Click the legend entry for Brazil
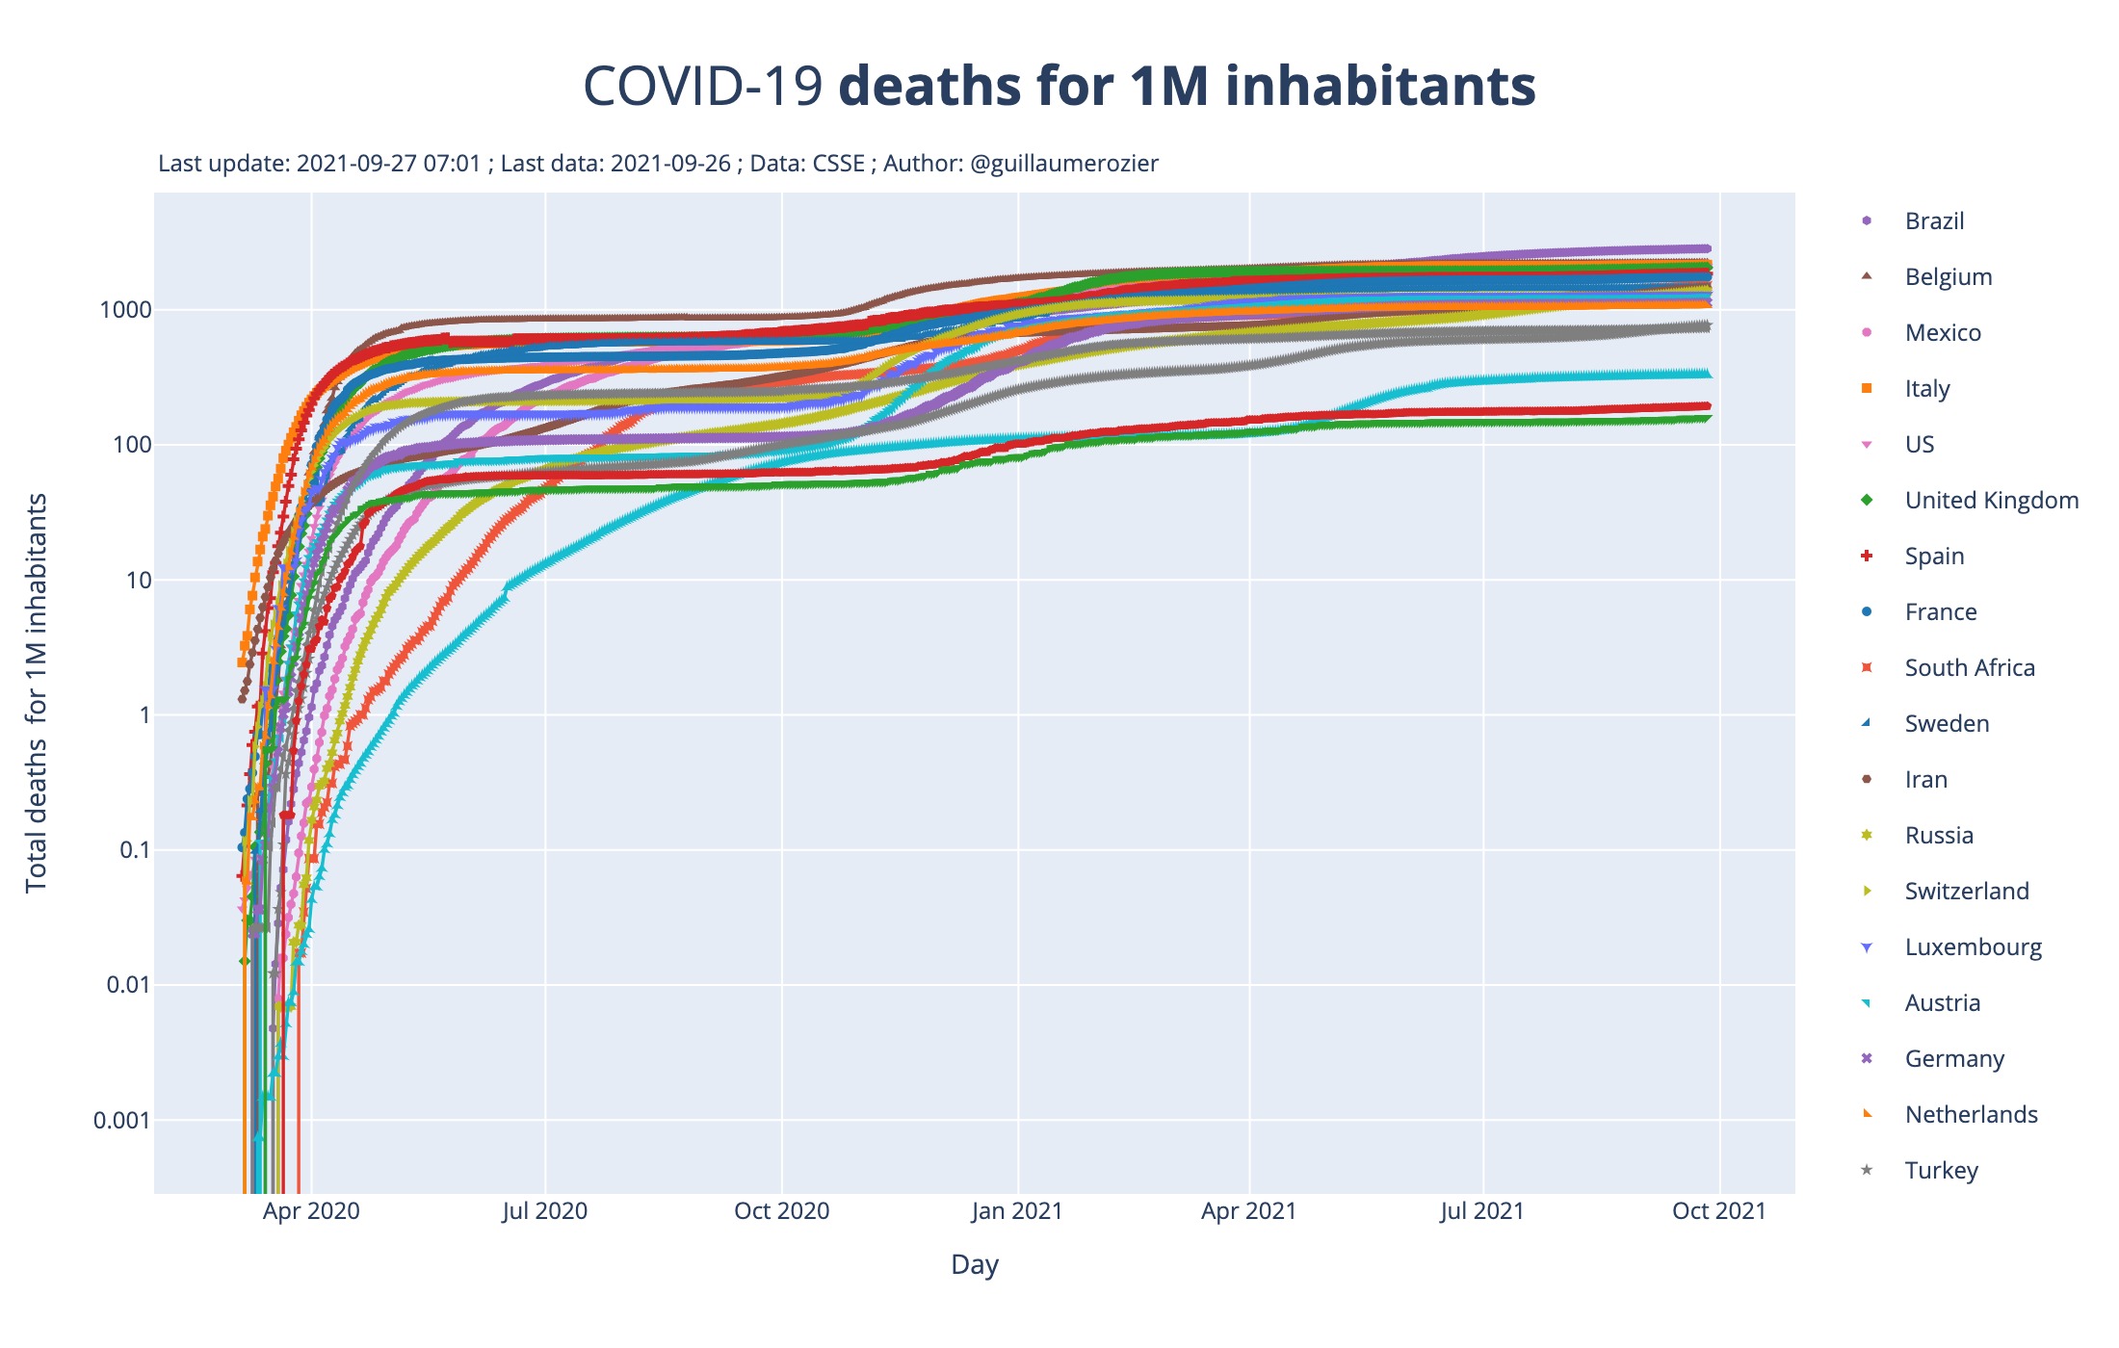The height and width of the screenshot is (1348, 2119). (x=1934, y=221)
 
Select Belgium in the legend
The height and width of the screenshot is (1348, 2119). (x=1948, y=277)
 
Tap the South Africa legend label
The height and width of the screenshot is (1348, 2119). (x=1969, y=668)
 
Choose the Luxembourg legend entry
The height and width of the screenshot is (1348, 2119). (x=1973, y=947)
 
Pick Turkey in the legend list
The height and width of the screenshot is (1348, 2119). (x=1941, y=1171)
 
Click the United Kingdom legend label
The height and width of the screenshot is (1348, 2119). (x=1991, y=501)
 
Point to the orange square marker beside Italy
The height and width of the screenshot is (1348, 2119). (x=1867, y=389)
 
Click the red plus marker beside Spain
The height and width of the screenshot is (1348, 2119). (x=1867, y=557)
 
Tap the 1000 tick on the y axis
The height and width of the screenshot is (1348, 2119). (x=125, y=310)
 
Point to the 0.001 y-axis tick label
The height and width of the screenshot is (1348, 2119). (x=122, y=1120)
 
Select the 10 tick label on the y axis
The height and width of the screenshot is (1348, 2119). (x=139, y=581)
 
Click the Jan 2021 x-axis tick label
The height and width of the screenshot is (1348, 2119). (x=1017, y=1211)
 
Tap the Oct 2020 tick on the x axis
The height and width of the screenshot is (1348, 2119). (x=781, y=1211)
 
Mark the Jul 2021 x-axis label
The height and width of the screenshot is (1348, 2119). (x=1482, y=1211)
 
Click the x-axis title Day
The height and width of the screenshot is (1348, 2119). (x=974, y=1264)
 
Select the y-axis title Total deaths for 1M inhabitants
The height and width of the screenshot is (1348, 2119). (x=37, y=693)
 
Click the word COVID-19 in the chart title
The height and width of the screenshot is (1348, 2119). (x=703, y=87)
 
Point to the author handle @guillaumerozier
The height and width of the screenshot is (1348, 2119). (x=1064, y=164)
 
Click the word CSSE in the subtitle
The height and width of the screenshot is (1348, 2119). (x=839, y=164)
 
